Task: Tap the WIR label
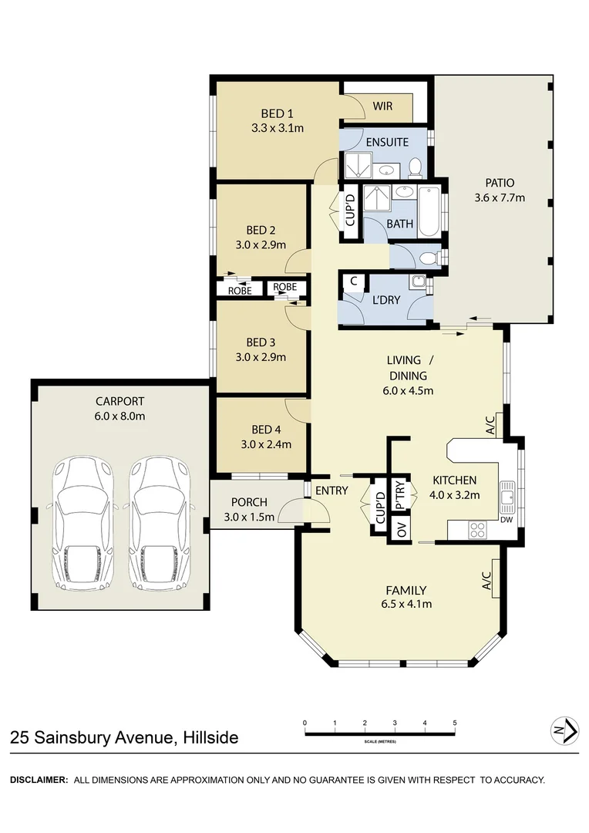coord(382,106)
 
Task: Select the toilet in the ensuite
coord(416,167)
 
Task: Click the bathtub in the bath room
coord(429,211)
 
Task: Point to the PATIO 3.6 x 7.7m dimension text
coord(500,197)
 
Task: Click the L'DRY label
coord(385,300)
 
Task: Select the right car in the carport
coord(160,521)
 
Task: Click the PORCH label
coord(249,502)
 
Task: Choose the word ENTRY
coord(332,491)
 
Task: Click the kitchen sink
coord(507,496)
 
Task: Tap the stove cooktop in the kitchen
coord(478,529)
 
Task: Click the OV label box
coord(401,530)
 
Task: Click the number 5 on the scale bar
coord(454,723)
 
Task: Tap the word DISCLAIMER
coord(39,780)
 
